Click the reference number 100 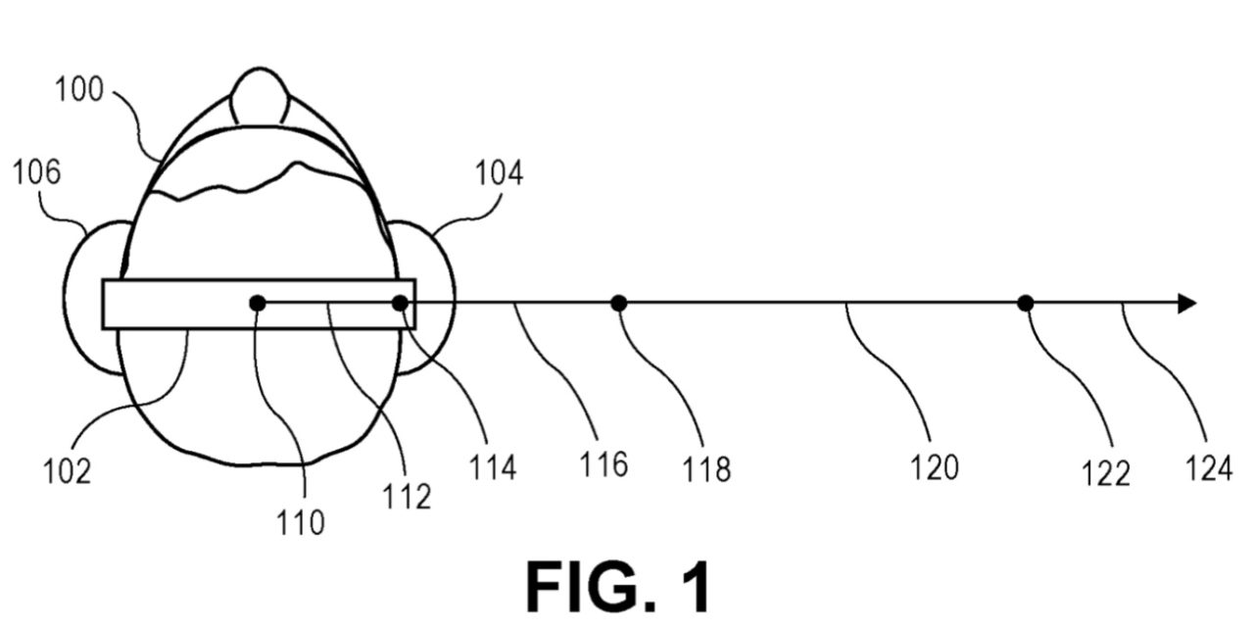pos(78,91)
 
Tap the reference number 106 pos(36,172)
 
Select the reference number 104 pos(499,174)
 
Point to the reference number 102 pos(68,471)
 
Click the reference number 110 pos(301,523)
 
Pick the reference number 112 pos(408,497)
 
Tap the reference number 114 pos(491,467)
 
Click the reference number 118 pos(707,470)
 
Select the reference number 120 pos(934,468)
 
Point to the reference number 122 pos(1107,474)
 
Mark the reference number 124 pos(1208,469)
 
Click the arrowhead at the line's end pos(1186,304)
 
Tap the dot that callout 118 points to pos(618,304)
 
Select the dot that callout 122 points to pos(1025,304)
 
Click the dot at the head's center pos(257,304)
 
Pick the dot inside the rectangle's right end pos(400,304)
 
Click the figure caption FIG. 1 pos(618,586)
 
